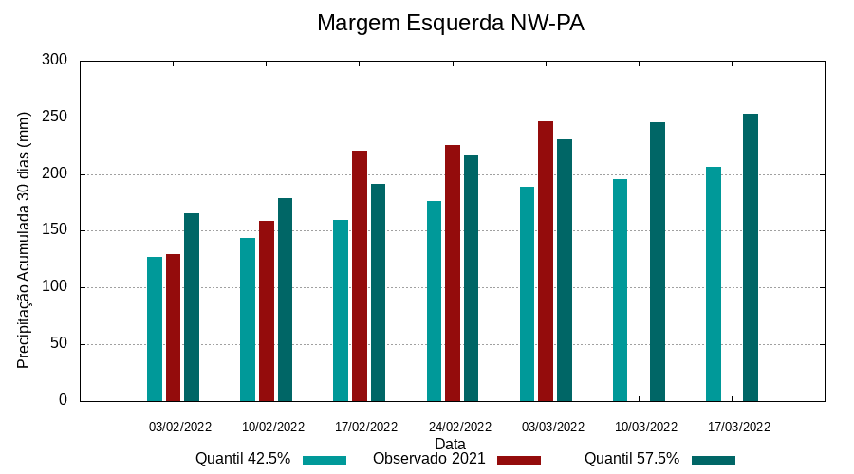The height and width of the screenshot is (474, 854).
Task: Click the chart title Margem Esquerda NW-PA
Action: (x=450, y=23)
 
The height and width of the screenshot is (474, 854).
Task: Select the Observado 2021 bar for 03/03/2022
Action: (x=546, y=261)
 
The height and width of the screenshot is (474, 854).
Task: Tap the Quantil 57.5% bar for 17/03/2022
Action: (x=751, y=257)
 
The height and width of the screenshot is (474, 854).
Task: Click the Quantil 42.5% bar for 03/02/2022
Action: (x=155, y=329)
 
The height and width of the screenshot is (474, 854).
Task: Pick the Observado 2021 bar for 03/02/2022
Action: (x=173, y=328)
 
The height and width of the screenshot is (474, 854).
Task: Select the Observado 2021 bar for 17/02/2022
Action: (x=360, y=276)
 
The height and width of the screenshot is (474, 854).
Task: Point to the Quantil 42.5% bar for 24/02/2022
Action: (x=434, y=301)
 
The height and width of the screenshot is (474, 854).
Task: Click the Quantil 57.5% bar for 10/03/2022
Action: (x=658, y=262)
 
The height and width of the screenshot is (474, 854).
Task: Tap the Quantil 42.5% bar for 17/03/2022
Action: (x=714, y=283)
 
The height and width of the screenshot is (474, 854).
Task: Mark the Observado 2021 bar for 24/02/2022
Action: (x=453, y=273)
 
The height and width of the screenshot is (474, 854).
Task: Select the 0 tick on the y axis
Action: (x=64, y=400)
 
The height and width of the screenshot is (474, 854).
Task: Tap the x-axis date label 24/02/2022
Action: (x=460, y=427)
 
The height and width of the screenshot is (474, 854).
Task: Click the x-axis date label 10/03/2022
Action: (x=646, y=427)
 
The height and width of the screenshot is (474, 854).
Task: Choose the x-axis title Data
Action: (x=450, y=444)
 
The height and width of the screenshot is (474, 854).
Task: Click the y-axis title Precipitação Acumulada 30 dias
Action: (x=25, y=239)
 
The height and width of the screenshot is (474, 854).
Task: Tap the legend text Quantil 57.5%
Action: (x=632, y=459)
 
